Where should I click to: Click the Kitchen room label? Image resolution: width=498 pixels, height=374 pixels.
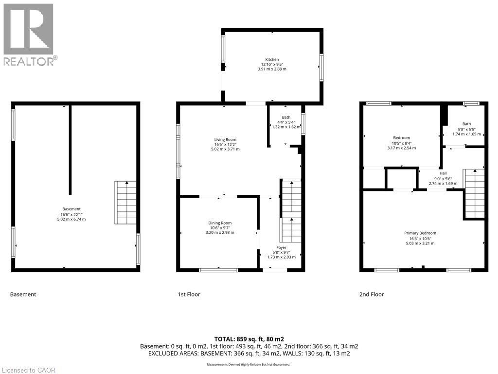click(x=272, y=59)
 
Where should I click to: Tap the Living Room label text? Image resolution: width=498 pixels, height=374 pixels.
click(x=225, y=140)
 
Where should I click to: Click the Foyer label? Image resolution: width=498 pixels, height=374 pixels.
click(x=282, y=247)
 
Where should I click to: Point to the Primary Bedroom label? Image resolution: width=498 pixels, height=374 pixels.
click(x=420, y=233)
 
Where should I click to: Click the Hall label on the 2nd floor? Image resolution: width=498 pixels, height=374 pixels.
click(x=443, y=173)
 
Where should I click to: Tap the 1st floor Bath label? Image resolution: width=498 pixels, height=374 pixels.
click(x=285, y=117)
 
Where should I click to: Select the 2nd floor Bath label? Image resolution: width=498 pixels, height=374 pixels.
click(x=466, y=124)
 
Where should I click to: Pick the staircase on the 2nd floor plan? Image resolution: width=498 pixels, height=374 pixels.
click(x=474, y=193)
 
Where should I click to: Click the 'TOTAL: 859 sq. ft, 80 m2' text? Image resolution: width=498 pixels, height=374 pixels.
click(x=249, y=339)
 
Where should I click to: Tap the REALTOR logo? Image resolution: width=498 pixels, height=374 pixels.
click(x=29, y=35)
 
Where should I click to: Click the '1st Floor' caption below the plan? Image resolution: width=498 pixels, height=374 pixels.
click(x=189, y=294)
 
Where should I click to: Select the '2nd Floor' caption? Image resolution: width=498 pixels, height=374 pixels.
click(x=371, y=294)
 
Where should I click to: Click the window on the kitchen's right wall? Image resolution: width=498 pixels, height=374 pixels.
click(x=321, y=67)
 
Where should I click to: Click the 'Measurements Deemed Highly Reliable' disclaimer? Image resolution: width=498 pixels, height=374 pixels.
click(x=249, y=365)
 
